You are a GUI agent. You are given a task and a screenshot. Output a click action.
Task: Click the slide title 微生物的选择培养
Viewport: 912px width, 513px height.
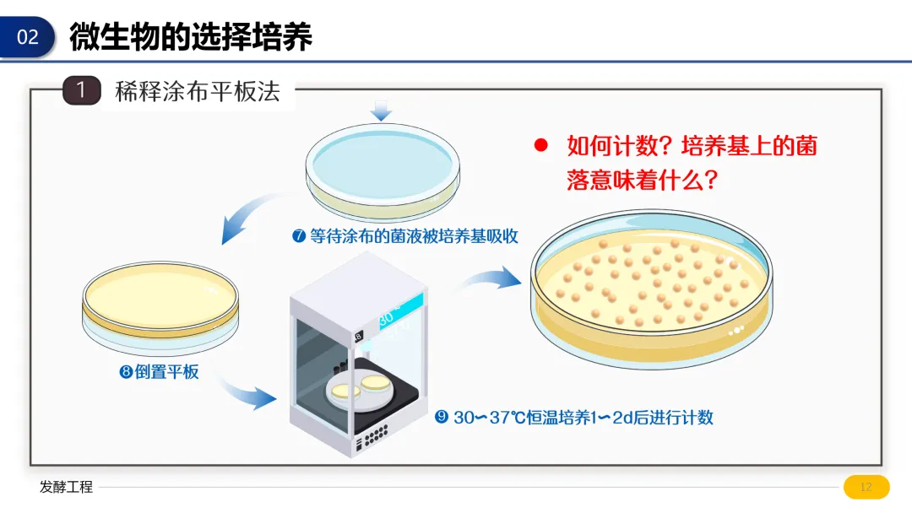[191, 36]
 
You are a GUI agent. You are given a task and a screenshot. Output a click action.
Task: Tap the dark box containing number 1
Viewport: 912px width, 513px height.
[81, 90]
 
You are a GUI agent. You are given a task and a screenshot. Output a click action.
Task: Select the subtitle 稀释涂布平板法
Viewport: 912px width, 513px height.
[197, 91]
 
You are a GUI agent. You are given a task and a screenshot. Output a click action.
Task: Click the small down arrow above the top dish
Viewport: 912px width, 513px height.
[382, 110]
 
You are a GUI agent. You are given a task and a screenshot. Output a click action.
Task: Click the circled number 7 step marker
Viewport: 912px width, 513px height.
[298, 236]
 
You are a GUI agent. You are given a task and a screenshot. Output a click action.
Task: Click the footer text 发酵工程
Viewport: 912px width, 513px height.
[66, 487]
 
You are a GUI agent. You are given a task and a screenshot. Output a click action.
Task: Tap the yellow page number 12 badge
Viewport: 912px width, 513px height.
[866, 487]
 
